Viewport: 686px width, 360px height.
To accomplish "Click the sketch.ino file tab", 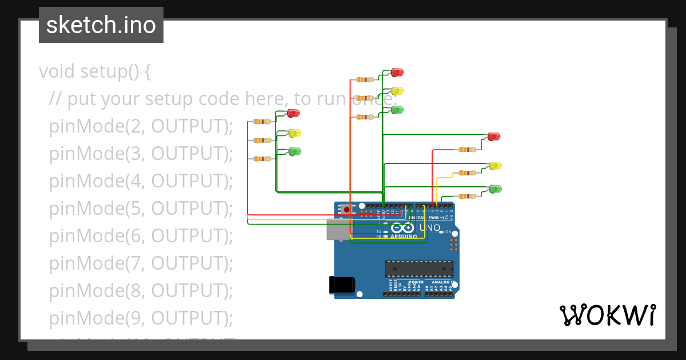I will tap(101, 25).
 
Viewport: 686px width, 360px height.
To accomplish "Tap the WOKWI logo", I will tap(607, 315).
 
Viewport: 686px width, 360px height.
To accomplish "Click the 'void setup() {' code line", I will tap(95, 72).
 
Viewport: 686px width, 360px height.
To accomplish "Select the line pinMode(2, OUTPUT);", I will tap(141, 126).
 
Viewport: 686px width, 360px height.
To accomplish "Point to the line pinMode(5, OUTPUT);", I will tap(141, 209).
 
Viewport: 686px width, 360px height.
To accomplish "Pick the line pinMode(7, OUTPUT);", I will tap(141, 263).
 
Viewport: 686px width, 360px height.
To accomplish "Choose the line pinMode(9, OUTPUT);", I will tap(141, 318).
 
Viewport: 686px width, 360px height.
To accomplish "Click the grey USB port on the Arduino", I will tap(337, 229).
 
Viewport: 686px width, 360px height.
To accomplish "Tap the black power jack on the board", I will tap(341, 285).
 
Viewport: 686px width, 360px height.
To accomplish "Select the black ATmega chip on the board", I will tap(419, 269).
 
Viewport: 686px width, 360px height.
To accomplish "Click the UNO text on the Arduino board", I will tap(430, 228).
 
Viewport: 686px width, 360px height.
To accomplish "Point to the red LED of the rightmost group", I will tap(493, 136).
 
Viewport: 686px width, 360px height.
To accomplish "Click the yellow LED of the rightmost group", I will tap(495, 166).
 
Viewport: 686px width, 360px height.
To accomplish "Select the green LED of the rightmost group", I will tap(495, 189).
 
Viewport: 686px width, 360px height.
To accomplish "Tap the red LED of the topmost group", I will tap(397, 73).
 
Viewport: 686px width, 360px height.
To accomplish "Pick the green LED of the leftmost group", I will tap(294, 151).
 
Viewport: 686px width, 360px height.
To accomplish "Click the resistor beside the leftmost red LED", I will tap(262, 122).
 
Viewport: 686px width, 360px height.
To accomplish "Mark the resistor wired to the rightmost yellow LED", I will tap(468, 173).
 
